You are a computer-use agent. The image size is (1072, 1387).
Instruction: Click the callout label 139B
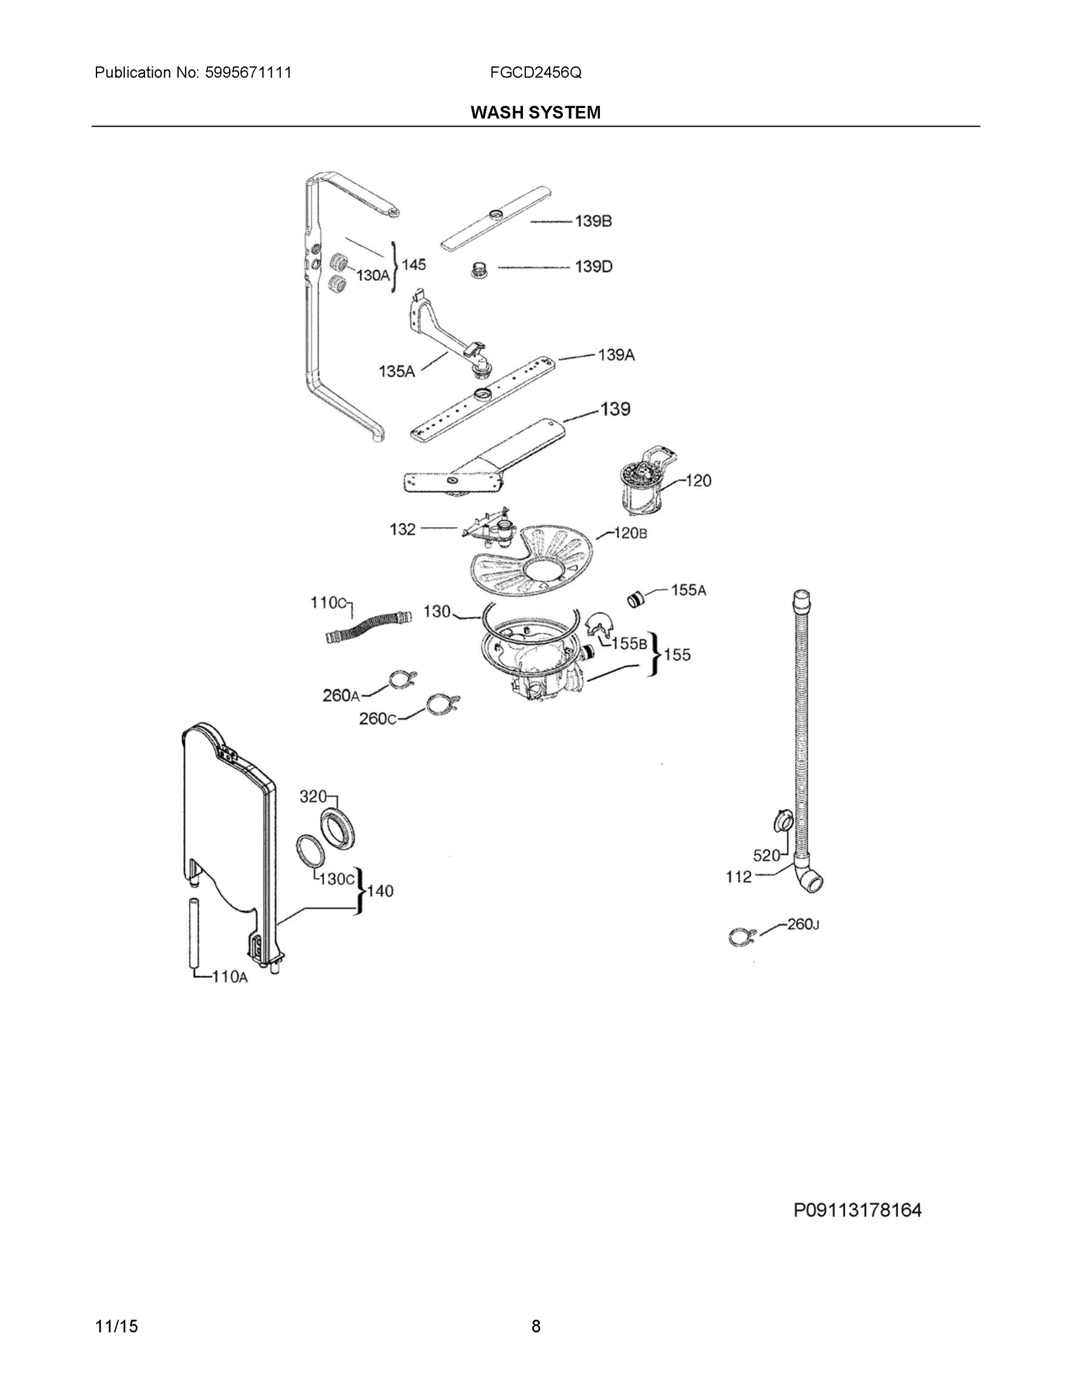coord(593,221)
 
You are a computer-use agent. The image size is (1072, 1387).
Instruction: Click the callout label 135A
coord(396,372)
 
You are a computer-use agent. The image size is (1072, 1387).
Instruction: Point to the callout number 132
coord(403,529)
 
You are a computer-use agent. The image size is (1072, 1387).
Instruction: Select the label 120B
coord(630,533)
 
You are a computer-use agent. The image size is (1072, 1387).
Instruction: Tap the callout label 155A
coord(688,590)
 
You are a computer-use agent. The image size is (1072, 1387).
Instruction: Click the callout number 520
coord(766,855)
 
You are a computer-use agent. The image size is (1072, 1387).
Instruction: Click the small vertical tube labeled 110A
coord(192,932)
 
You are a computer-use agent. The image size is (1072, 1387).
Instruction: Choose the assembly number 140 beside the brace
coord(380,891)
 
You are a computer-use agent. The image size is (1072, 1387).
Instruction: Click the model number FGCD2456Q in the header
coord(535,73)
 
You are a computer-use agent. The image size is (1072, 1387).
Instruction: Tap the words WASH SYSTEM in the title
coord(535,113)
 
